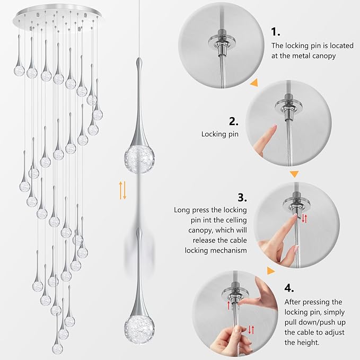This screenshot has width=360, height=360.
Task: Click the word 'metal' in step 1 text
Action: pyautogui.click(x=296, y=56)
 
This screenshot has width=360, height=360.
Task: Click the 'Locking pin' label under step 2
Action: pyautogui.click(x=219, y=135)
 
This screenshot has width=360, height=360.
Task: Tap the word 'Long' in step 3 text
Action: pyautogui.click(x=183, y=210)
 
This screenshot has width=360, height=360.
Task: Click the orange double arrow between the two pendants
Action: pyautogui.click(x=123, y=189)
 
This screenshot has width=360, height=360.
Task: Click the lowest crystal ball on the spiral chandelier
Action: pyautogui.click(x=57, y=348)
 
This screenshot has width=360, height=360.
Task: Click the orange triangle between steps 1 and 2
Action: pyautogui.click(x=254, y=82)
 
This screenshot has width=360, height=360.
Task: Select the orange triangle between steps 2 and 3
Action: pyautogui.click(x=294, y=173)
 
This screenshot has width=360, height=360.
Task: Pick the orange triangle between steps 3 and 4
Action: pyautogui.click(x=271, y=271)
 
